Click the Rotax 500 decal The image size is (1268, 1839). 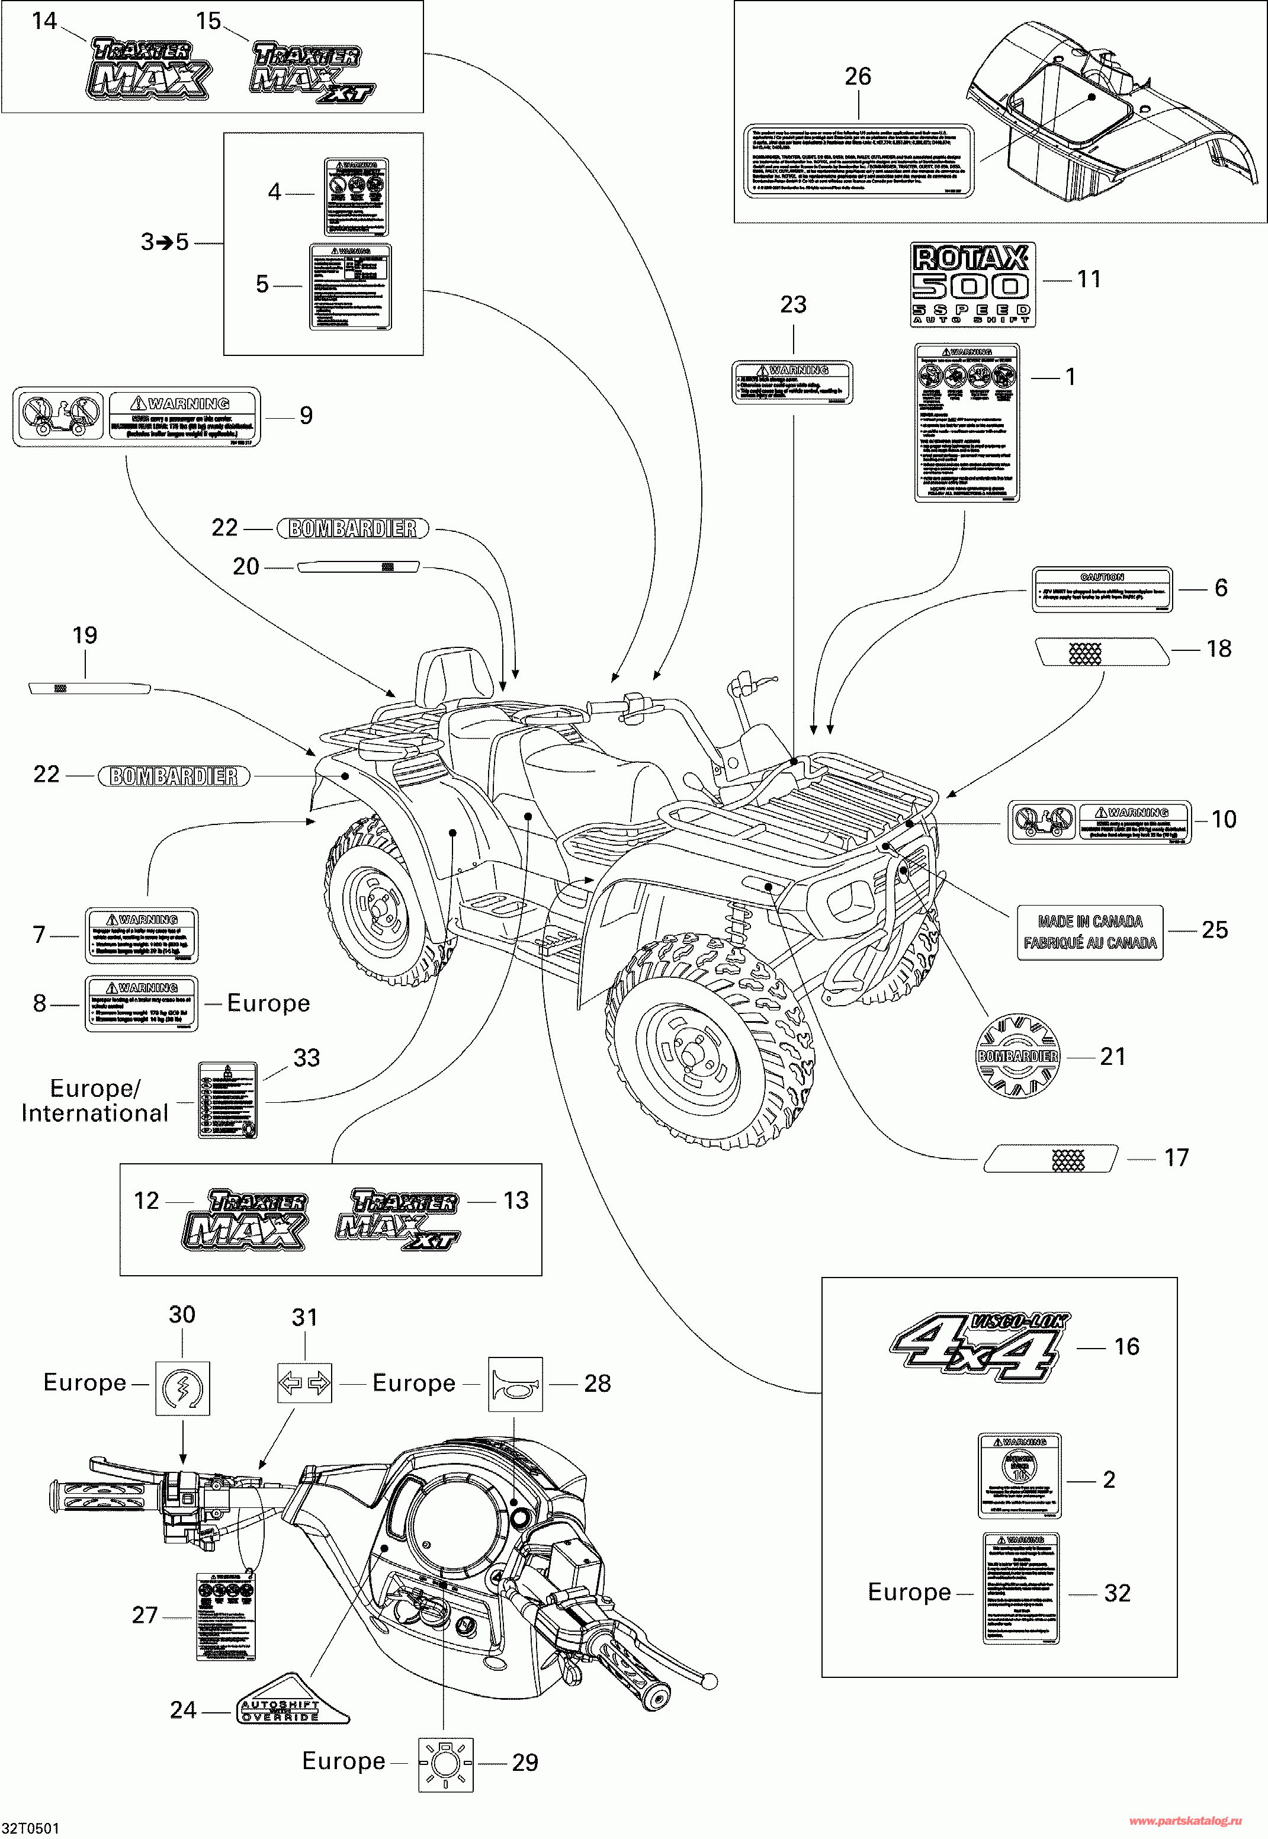coord(972,284)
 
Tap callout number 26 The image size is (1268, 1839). coord(857,76)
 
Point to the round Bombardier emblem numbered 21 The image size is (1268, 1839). coord(1017,1056)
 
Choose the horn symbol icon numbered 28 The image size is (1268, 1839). coord(515,1384)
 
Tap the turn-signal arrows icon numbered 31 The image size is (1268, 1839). coord(304,1383)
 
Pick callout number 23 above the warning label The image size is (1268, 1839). coord(793,304)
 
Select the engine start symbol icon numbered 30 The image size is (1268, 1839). coord(182,1387)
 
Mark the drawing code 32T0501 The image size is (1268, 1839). coord(30,1828)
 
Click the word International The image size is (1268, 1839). coord(95,1113)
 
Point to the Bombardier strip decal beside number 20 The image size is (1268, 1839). coord(358,566)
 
